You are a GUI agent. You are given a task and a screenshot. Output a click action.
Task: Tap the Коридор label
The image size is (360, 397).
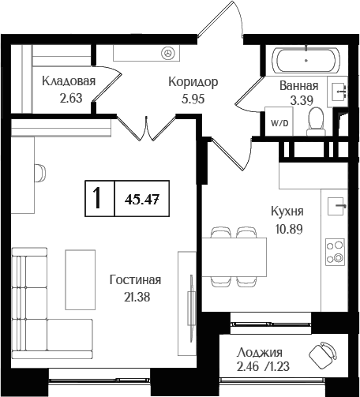coord(193,81)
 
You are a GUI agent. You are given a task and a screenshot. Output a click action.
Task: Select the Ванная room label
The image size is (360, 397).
coord(299,86)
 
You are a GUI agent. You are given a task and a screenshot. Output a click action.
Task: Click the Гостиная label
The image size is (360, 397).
coord(136,280)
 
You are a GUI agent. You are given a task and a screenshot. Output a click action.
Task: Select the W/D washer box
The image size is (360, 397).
coord(280,124)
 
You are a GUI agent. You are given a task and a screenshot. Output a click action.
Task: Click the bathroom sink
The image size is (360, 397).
coord(340,92)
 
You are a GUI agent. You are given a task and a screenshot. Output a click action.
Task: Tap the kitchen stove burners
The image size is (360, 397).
coord(335,250)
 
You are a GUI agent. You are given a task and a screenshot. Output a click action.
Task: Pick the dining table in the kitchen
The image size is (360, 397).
coord(234,257)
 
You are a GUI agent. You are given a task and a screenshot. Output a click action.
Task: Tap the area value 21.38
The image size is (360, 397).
coord(136,297)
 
